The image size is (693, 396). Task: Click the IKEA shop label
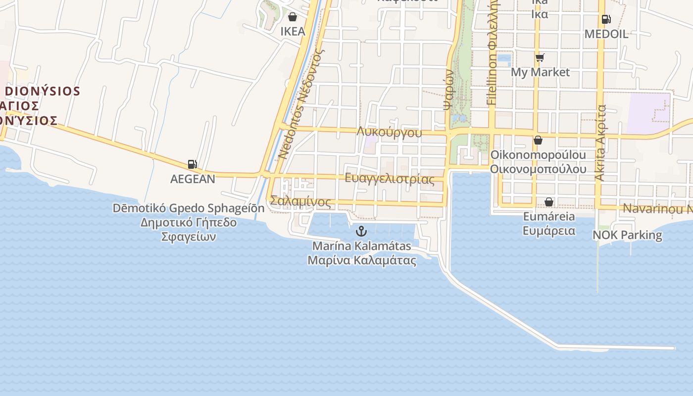(293, 31)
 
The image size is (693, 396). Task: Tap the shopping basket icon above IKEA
(293, 17)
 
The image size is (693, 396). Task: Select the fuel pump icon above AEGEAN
(192, 164)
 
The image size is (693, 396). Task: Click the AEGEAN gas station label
(193, 179)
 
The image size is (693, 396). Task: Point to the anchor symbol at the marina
(361, 231)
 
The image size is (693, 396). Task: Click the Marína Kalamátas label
(361, 246)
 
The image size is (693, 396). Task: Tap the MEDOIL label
(606, 34)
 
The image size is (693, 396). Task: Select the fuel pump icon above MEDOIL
(606, 20)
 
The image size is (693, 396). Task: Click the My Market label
(540, 72)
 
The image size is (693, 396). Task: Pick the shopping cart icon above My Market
(540, 58)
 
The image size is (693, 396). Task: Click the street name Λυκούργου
(389, 133)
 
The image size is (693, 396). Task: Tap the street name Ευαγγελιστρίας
(390, 179)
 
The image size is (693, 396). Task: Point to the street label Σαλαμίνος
(301, 202)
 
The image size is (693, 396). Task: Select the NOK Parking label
(627, 235)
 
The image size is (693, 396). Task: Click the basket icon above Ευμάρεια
(548, 202)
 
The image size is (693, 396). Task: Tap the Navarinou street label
(656, 208)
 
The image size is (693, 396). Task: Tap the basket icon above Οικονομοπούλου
(538, 141)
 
